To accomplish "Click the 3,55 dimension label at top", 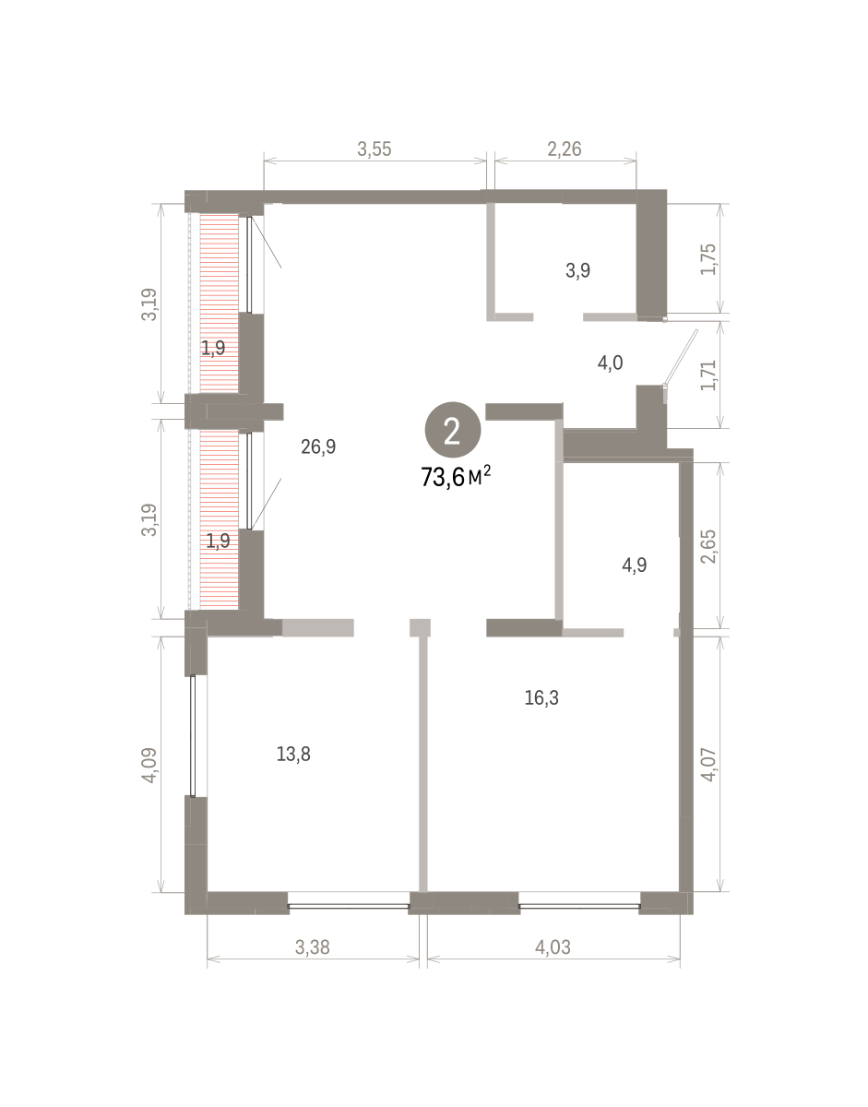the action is [375, 149].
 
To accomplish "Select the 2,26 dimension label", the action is [565, 149].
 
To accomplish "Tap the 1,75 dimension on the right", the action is [708, 259].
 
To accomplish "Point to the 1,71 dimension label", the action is [708, 375].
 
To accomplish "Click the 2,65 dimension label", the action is [708, 547].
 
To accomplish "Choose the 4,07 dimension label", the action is [708, 765].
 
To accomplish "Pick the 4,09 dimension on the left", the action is [149, 765].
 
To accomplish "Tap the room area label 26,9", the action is [318, 446].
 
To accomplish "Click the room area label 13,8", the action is [293, 754].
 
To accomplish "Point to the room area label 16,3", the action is [541, 698].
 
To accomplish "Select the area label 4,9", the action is [635, 565].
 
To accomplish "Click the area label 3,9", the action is [577, 270].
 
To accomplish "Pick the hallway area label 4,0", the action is [610, 363].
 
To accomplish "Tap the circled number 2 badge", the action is [453, 430].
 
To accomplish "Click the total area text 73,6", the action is [443, 478].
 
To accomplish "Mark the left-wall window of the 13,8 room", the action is [193, 735].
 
